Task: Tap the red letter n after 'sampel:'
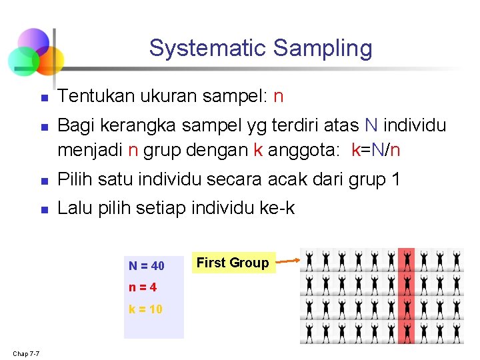coord(279,97)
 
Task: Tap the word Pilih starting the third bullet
coord(74,179)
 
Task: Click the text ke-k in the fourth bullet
coord(278,208)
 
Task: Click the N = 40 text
coord(147,266)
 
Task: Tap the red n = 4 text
coord(143,288)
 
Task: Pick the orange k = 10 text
coord(145,309)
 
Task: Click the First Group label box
coord(233,263)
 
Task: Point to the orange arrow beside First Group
coord(287,261)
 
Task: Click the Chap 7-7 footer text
coord(25,353)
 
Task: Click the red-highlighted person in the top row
coord(406,259)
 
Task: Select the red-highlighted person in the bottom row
coord(406,331)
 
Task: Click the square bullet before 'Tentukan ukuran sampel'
coord(44,97)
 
